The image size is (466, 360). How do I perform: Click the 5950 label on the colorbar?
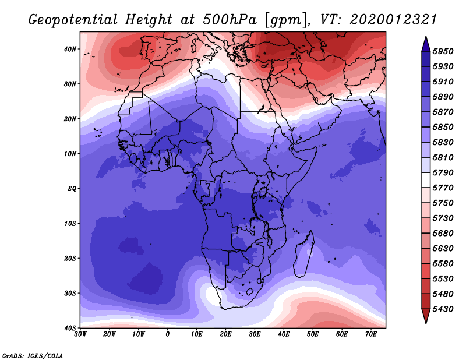(x=443, y=51)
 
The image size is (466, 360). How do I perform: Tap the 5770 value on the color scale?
(x=443, y=188)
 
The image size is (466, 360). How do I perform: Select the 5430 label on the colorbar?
(x=443, y=309)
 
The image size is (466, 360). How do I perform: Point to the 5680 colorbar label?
(x=443, y=233)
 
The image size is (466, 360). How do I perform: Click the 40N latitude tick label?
(x=70, y=49)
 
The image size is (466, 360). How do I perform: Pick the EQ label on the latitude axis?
(x=72, y=189)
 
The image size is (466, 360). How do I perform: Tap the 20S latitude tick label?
(x=70, y=258)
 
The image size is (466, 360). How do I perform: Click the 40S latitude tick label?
(x=70, y=328)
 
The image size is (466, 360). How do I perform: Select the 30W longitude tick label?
(x=80, y=334)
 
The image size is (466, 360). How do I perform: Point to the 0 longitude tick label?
(x=168, y=334)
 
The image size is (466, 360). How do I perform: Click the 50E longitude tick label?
(x=313, y=334)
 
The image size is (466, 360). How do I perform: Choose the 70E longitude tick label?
(x=371, y=334)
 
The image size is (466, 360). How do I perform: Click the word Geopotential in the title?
(x=73, y=20)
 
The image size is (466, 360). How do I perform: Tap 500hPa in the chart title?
(x=230, y=20)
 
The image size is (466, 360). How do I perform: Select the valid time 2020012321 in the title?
(x=393, y=20)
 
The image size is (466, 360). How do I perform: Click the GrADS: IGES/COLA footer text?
(x=33, y=355)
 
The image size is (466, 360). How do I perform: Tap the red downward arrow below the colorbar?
(x=426, y=316)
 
